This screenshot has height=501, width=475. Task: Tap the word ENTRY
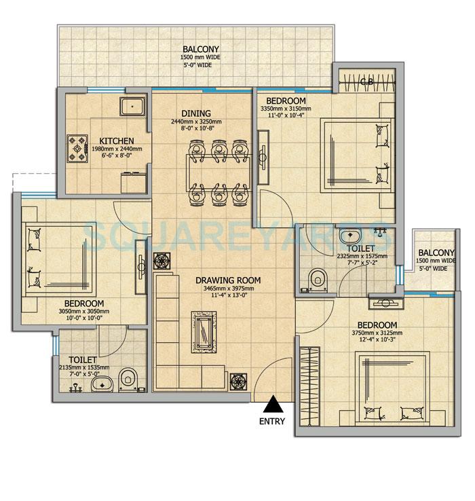click(x=272, y=421)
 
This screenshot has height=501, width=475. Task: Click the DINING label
click(x=196, y=113)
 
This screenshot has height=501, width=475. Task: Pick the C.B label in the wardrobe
click(x=366, y=83)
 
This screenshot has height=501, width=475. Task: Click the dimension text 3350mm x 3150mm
click(x=286, y=109)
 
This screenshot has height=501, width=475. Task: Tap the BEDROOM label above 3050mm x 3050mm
click(x=84, y=303)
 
